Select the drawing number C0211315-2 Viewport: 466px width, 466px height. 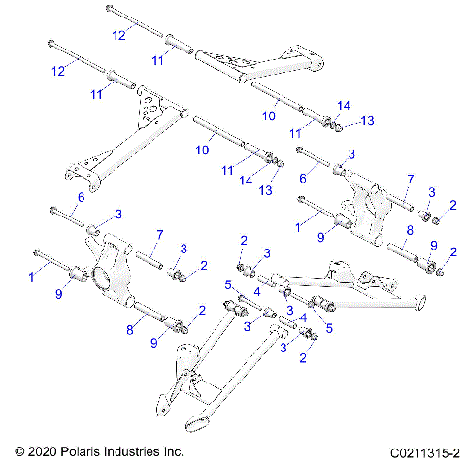point(423,452)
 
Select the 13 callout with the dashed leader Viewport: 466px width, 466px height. point(367,120)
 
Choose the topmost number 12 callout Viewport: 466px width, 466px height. point(117,35)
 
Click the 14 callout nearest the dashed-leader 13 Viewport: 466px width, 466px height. point(343,104)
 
